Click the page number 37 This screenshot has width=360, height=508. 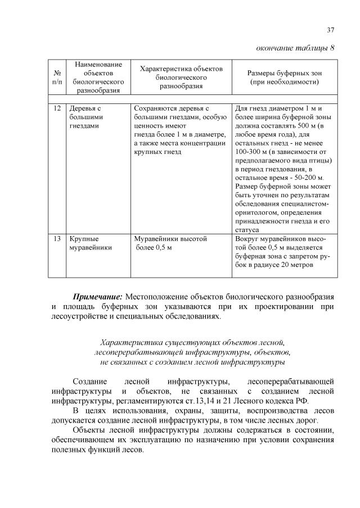point(331,30)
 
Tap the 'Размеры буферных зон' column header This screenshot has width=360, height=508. point(285,78)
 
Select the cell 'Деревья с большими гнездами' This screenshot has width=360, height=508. point(85,117)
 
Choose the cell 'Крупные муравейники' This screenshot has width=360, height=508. point(89,243)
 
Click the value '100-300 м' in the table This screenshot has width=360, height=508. point(251,151)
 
